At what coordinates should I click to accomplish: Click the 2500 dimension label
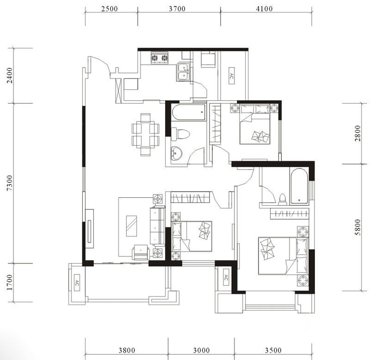point(110,9)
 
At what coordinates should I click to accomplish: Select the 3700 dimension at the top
point(177,9)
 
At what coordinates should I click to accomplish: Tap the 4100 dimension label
point(264,9)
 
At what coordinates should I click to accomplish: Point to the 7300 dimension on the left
point(10,183)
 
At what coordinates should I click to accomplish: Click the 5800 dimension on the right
point(358,227)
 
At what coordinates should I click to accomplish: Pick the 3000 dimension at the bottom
point(202,350)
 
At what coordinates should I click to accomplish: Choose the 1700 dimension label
point(10,282)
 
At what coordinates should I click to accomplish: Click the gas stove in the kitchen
point(160,58)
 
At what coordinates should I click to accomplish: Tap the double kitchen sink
point(184,72)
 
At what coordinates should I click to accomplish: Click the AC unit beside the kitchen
point(232,76)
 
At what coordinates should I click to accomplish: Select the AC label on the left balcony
point(77,283)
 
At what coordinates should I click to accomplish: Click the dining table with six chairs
point(145,134)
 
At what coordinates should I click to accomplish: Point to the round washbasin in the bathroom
point(176,153)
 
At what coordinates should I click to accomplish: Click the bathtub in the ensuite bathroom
point(299,186)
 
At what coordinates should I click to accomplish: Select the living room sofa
point(157,226)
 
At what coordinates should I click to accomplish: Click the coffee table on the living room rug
point(131,226)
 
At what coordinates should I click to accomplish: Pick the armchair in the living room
point(141,252)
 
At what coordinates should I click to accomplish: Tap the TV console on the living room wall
point(89,228)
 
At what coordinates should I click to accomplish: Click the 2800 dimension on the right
point(358,134)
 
